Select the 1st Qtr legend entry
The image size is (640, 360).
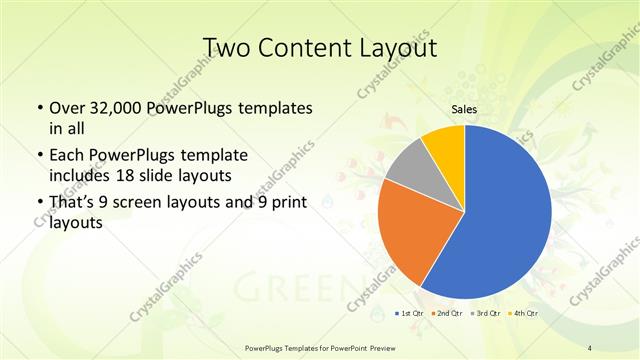click(410, 314)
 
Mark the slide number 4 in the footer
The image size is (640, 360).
click(590, 347)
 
